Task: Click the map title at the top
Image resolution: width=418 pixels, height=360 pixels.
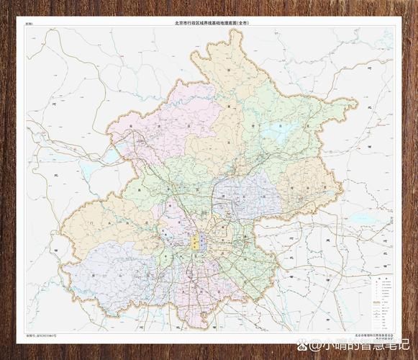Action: [212, 23]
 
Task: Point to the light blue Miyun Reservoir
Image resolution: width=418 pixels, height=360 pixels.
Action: [277, 135]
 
